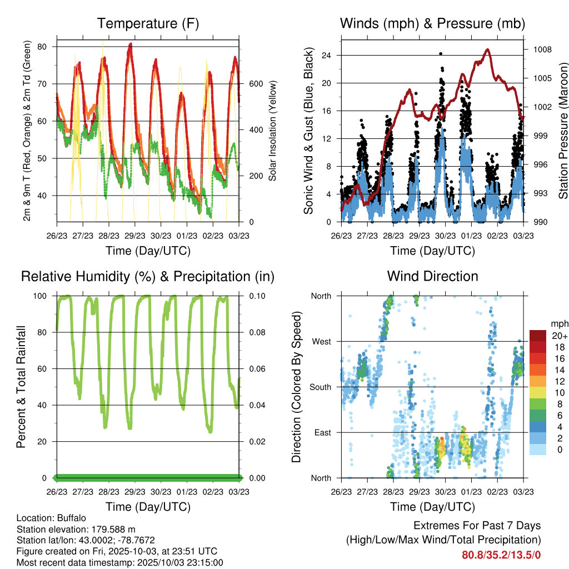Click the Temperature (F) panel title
tap(148, 23)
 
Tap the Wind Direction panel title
tap(432, 276)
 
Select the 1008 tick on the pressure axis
tap(542, 49)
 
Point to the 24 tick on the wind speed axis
tap(327, 55)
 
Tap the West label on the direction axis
tap(321, 341)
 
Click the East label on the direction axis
tap(322, 432)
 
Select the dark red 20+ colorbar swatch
tap(537, 336)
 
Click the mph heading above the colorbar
tap(559, 323)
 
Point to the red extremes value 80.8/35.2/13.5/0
tap(501, 555)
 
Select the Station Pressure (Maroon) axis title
tap(562, 131)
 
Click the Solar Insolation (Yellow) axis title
tap(272, 131)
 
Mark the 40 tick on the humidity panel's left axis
tap(45, 405)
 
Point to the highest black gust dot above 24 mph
tap(441, 53)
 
